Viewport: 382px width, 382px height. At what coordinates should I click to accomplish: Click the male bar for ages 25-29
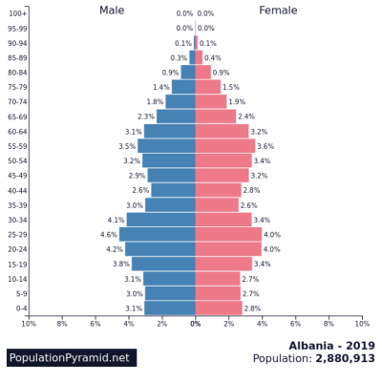click(x=158, y=234)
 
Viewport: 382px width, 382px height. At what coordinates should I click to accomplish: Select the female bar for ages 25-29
click(x=229, y=234)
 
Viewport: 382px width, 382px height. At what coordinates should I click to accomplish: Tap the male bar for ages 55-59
click(x=167, y=146)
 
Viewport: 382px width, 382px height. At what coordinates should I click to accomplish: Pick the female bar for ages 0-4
click(x=219, y=308)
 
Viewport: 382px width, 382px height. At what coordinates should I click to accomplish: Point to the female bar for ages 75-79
click(x=208, y=87)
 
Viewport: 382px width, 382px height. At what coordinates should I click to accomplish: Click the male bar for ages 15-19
click(x=164, y=264)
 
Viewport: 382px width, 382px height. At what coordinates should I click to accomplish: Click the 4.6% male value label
click(x=109, y=234)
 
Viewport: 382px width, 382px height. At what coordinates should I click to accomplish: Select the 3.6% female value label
click(x=265, y=146)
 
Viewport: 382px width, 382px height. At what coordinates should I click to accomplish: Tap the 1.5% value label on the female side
click(x=231, y=87)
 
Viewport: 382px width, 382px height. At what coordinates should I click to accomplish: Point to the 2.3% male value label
click(x=146, y=117)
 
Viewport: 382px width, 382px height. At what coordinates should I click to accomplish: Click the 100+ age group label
click(x=18, y=13)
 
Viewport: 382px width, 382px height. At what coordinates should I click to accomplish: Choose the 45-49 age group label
click(x=17, y=176)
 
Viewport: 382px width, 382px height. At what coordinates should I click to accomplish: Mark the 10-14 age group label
click(x=17, y=279)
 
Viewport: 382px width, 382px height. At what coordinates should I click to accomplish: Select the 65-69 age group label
click(x=17, y=117)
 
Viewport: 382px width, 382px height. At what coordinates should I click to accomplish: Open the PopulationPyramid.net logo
click(x=69, y=357)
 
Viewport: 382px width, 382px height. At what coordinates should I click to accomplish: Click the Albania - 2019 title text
click(x=331, y=345)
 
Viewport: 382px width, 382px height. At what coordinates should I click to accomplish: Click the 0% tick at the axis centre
click(x=196, y=324)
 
